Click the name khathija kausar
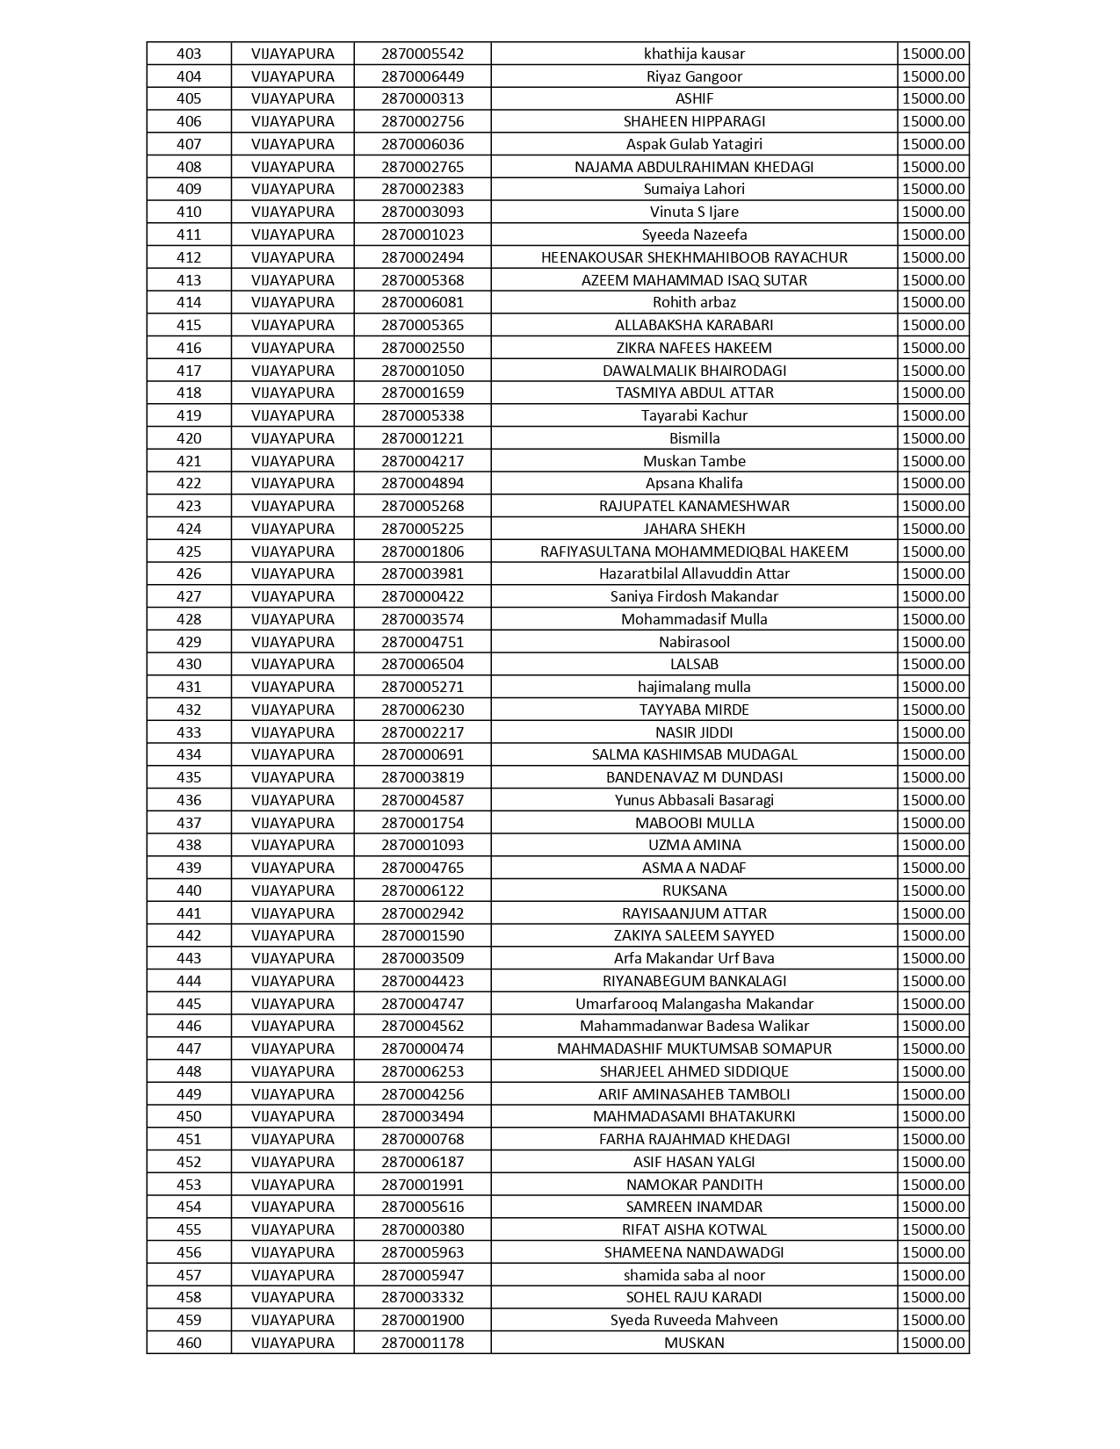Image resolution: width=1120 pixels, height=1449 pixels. point(694,54)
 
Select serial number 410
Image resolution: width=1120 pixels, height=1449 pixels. point(189,212)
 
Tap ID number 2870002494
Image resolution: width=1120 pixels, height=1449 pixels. point(423,257)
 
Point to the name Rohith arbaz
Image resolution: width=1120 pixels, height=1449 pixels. point(694,302)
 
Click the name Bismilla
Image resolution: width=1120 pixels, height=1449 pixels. point(694,438)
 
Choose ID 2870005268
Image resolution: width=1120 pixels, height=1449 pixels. point(423,506)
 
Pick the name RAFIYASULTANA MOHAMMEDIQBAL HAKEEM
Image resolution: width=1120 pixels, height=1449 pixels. point(694,551)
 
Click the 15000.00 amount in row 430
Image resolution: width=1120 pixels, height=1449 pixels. point(933,664)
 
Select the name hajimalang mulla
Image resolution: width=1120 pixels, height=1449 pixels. point(694,687)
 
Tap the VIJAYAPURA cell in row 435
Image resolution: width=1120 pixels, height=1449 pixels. point(293,777)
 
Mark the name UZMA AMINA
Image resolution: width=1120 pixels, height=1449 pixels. point(694,845)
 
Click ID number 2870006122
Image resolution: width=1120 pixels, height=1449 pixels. point(423,890)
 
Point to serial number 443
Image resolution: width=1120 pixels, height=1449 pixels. point(189,958)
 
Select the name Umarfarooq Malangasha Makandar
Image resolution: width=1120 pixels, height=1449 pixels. point(694,1004)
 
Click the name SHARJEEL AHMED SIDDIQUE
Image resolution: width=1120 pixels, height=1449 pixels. point(694,1071)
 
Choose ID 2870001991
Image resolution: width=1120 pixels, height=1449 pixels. point(423,1185)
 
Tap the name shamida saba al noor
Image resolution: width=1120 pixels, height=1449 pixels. point(694,1275)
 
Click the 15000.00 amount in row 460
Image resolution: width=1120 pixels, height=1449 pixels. point(933,1343)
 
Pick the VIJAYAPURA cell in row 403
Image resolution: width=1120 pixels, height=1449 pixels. point(293,54)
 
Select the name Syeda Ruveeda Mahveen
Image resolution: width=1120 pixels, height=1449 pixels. point(694,1320)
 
